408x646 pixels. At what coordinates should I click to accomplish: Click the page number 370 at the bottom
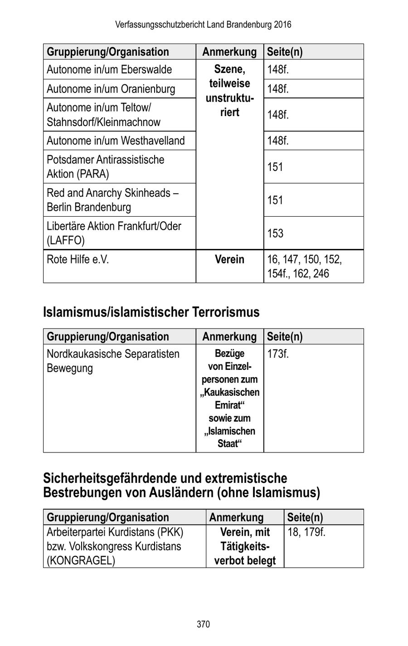[203, 624]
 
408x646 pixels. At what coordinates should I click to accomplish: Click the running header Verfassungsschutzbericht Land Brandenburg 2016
[203, 24]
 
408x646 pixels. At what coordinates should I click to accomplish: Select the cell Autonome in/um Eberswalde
[109, 70]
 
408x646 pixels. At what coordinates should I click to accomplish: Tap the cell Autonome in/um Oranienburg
[111, 89]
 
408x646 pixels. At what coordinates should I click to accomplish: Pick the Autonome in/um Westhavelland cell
[116, 141]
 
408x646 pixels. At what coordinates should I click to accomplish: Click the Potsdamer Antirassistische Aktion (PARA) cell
[105, 167]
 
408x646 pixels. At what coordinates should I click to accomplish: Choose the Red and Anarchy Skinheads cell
[112, 200]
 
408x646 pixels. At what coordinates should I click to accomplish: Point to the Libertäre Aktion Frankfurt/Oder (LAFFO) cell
[114, 233]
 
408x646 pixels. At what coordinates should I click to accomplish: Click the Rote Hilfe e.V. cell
[78, 260]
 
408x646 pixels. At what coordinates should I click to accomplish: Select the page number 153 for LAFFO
[275, 233]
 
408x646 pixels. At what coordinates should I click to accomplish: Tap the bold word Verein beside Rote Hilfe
[229, 260]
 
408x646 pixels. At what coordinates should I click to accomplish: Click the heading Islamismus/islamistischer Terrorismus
[151, 312]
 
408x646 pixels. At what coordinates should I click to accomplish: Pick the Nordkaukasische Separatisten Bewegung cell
[113, 361]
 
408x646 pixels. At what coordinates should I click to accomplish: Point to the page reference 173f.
[277, 354]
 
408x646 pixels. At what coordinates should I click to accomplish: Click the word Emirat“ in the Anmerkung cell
[229, 405]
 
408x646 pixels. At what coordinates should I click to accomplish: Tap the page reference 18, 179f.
[306, 532]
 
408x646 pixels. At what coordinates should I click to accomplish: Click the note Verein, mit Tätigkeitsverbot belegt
[245, 546]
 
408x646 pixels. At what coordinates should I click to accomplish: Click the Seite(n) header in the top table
[285, 52]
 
